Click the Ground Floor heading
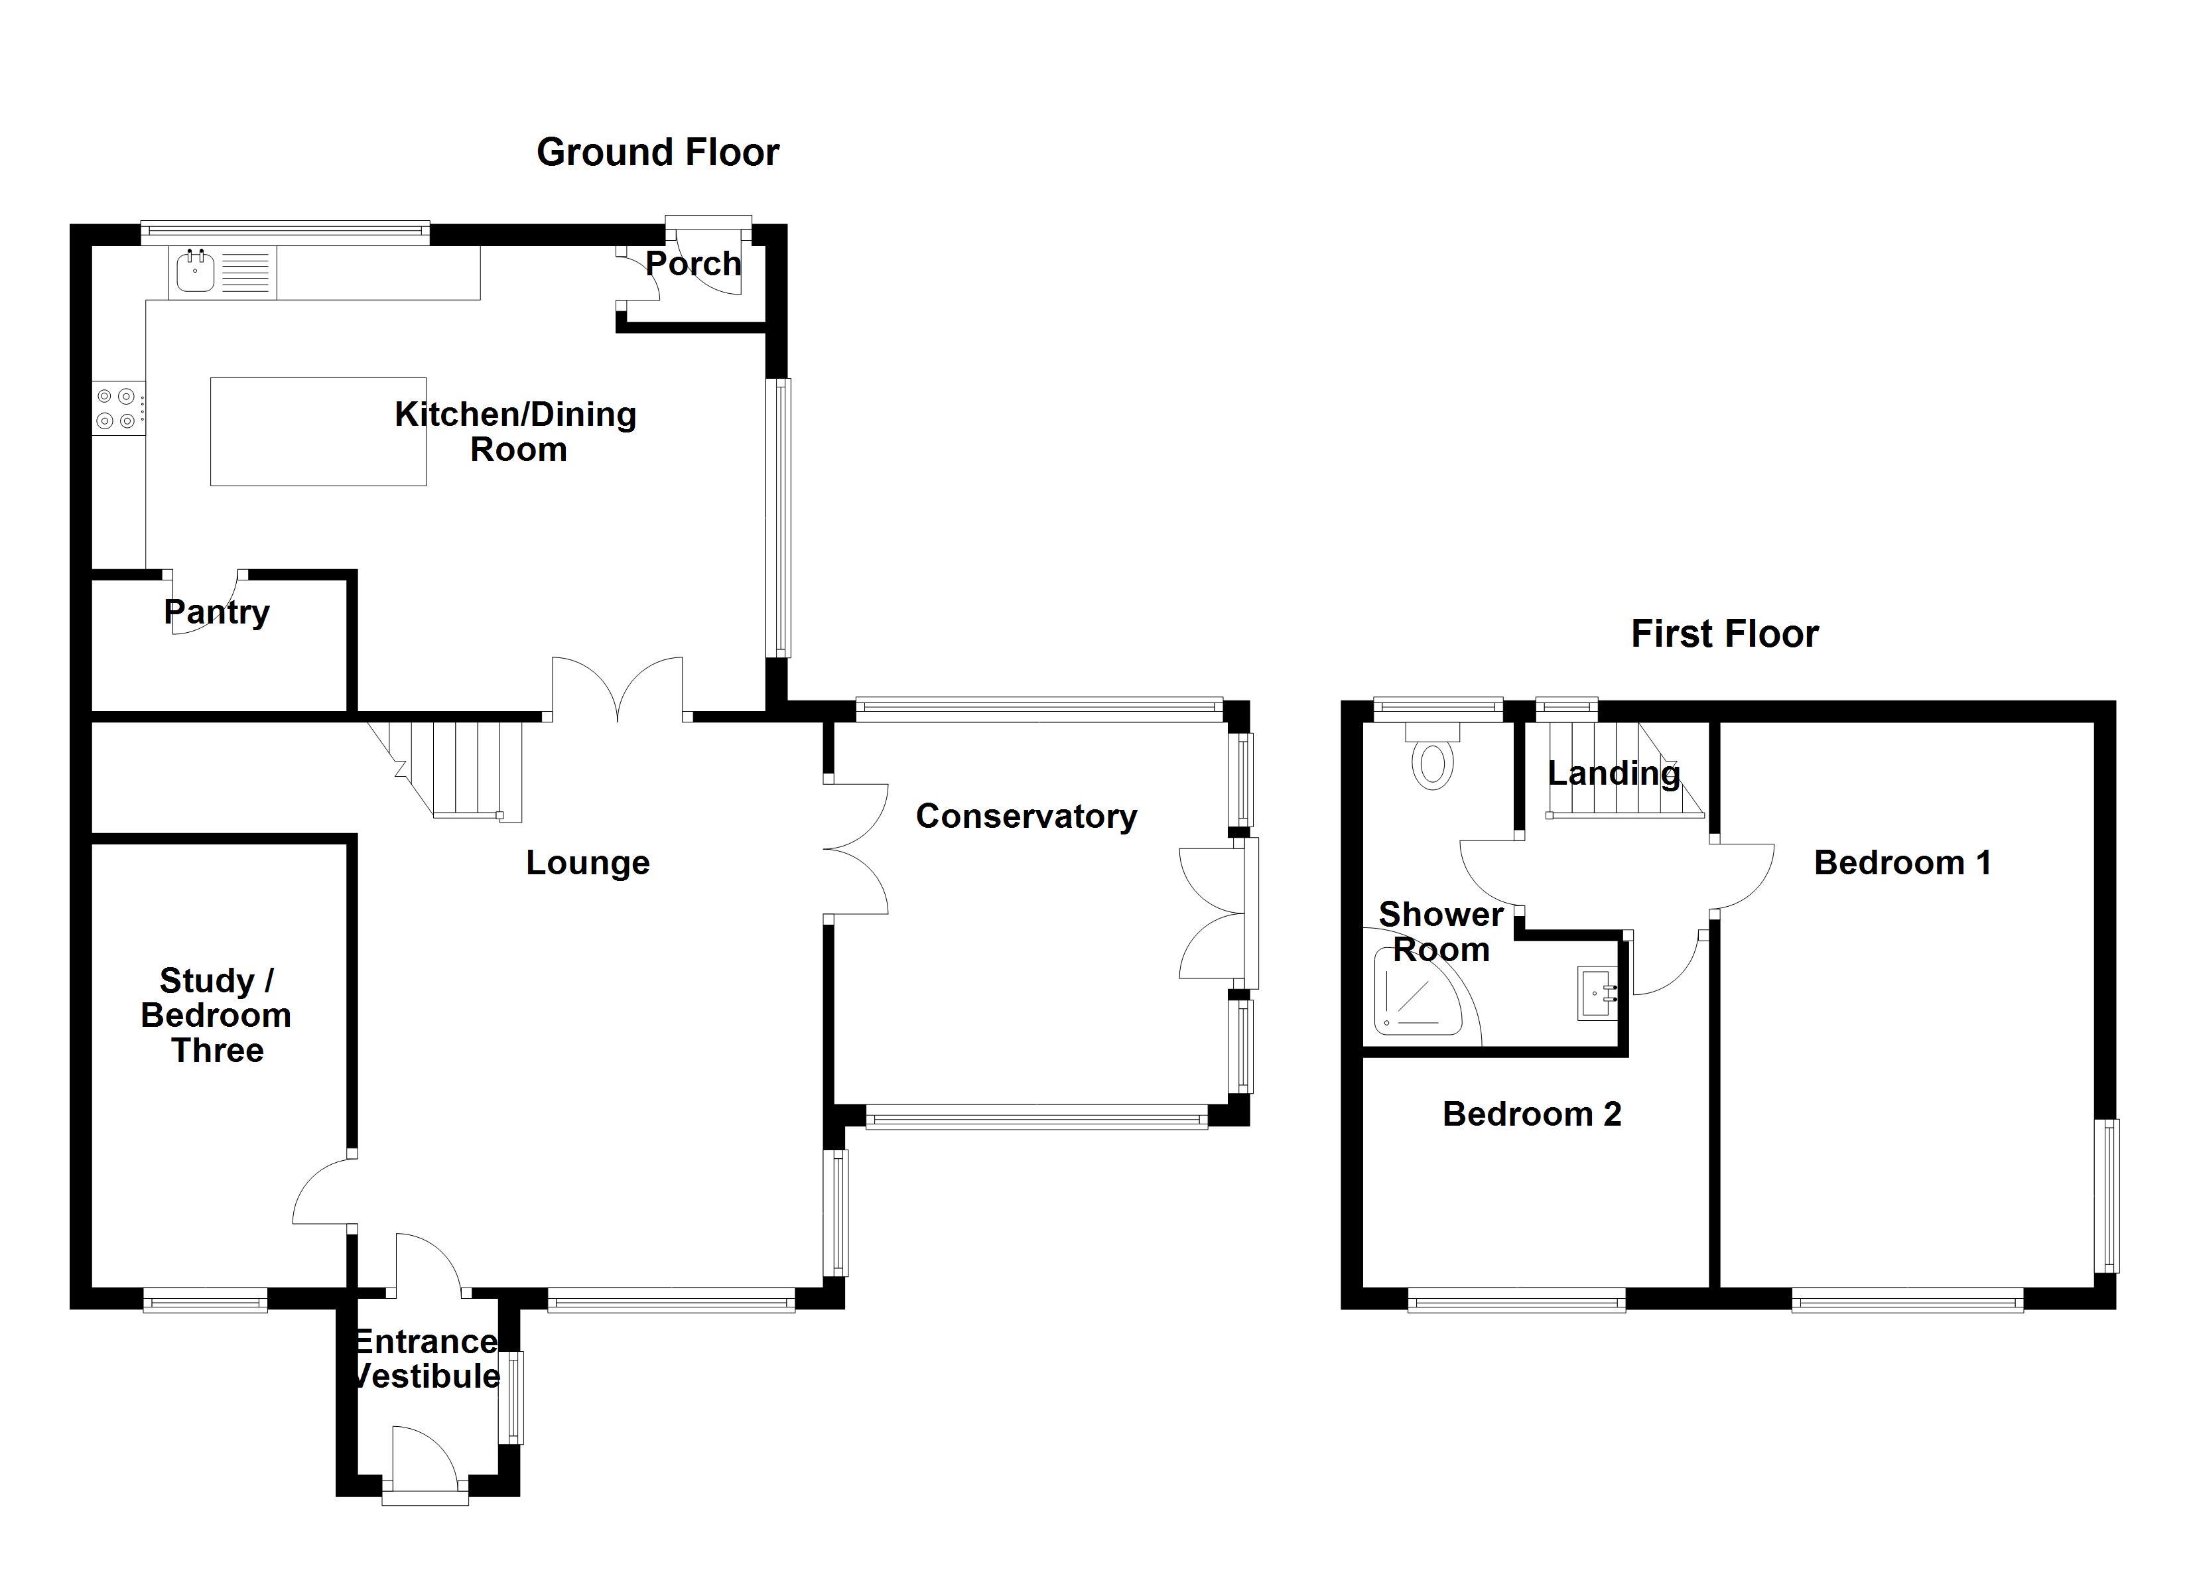[x=657, y=153]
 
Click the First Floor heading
[x=1725, y=634]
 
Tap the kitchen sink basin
[x=195, y=271]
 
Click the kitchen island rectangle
[x=318, y=432]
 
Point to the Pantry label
[x=216, y=613]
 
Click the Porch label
[x=693, y=263]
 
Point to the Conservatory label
[x=1026, y=817]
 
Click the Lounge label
[x=588, y=863]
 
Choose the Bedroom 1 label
[x=1902, y=863]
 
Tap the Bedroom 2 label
[x=1532, y=1114]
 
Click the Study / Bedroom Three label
[x=216, y=1016]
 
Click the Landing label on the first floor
[x=1614, y=773]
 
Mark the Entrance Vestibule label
[x=427, y=1359]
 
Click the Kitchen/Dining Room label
[x=515, y=432]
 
